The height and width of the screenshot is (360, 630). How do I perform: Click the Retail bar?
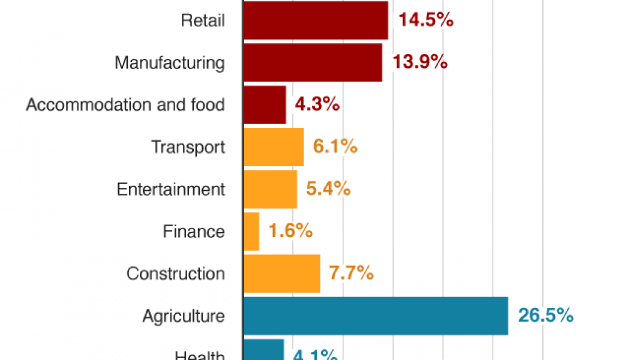tap(316, 20)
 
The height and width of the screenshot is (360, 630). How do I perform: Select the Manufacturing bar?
tap(313, 62)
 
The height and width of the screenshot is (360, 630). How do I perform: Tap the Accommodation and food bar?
tap(265, 105)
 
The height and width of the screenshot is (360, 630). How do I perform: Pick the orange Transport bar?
tap(274, 147)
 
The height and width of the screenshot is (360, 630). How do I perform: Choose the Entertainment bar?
tap(270, 189)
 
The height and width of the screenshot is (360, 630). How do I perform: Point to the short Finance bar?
tap(251, 232)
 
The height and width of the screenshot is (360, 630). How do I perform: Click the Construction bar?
tap(281, 274)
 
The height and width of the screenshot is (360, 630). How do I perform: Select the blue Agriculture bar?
tap(376, 316)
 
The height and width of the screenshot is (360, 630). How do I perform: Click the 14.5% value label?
tap(425, 20)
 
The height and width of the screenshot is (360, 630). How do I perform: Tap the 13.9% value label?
tap(419, 62)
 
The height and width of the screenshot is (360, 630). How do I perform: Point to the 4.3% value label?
tap(317, 105)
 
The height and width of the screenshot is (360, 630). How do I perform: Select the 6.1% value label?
tap(335, 147)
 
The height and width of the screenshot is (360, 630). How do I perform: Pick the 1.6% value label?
tap(290, 232)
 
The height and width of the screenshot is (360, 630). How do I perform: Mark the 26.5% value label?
tap(545, 316)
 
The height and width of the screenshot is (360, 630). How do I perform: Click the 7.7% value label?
tap(351, 274)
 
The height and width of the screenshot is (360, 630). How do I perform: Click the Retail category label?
tap(203, 20)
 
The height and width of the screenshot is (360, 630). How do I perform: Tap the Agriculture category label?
tap(184, 316)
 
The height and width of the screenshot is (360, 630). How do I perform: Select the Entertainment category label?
tap(171, 189)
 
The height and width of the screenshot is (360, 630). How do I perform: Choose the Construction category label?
tap(176, 274)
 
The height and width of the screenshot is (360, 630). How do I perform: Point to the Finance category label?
tap(194, 232)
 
